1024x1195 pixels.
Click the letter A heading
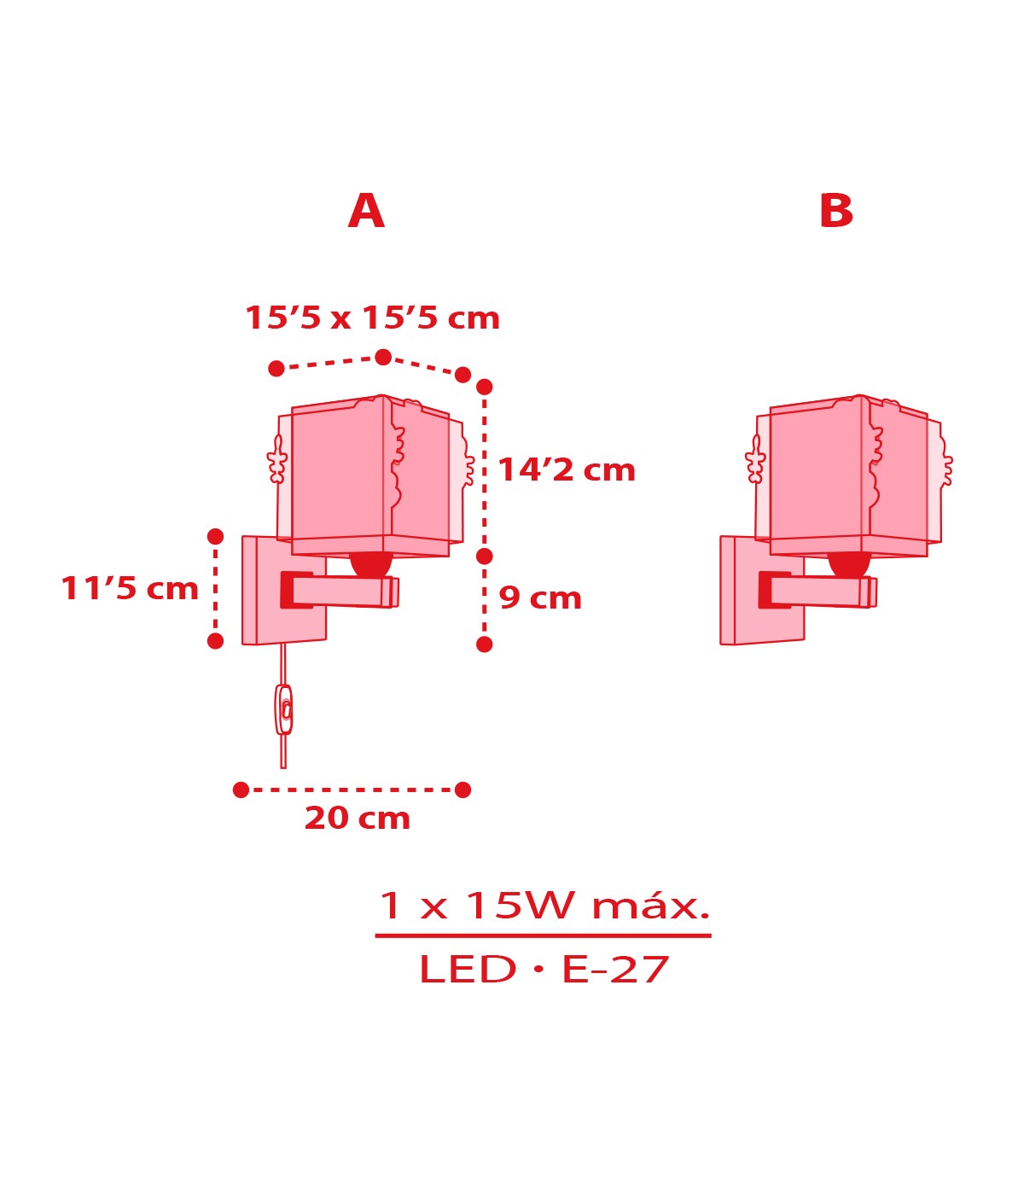[x=366, y=211]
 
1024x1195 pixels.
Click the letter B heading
[x=835, y=211]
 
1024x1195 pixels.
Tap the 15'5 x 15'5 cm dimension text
[x=372, y=318]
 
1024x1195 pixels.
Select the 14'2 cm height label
[x=567, y=469]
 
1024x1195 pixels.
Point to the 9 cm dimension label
[x=540, y=597]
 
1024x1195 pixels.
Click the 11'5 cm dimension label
[x=130, y=589]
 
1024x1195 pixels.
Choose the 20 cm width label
[x=358, y=818]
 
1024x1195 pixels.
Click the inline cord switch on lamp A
[x=283, y=709]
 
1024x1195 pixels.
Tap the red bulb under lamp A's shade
[x=370, y=564]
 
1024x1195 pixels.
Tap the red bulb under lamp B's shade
[x=849, y=564]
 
